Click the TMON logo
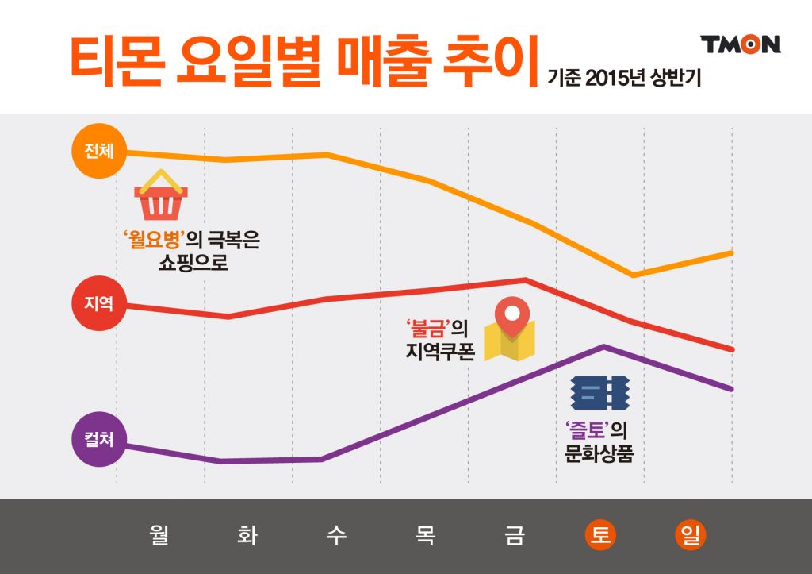[741, 44]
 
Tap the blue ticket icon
[599, 391]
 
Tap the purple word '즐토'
[587, 430]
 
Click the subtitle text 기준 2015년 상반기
[624, 79]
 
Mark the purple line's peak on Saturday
[604, 346]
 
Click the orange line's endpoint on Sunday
[731, 252]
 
